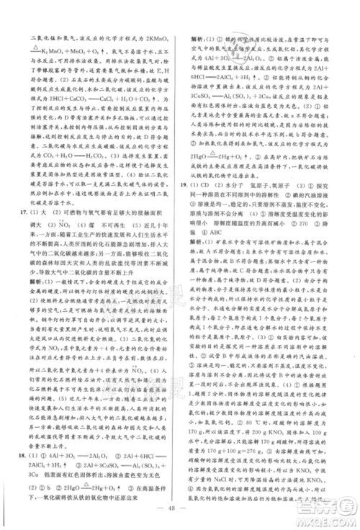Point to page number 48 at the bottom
180,506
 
